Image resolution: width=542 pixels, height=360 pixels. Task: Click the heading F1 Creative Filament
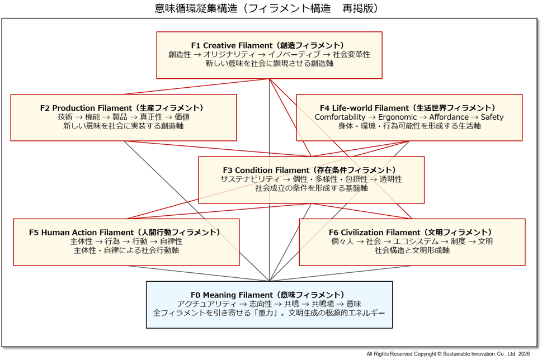[x=269, y=45]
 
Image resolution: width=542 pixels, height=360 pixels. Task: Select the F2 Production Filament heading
[x=123, y=108]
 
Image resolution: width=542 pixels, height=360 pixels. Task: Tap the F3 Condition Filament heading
[x=311, y=170]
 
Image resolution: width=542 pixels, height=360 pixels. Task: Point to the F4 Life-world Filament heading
[x=409, y=108]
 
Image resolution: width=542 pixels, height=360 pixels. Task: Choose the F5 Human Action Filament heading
[x=126, y=233]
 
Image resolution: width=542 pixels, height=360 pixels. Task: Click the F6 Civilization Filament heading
[x=412, y=233]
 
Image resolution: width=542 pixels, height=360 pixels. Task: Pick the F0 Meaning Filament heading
[x=269, y=295]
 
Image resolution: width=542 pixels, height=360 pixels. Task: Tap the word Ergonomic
[x=397, y=117]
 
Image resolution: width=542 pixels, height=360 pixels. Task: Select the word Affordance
[x=449, y=117]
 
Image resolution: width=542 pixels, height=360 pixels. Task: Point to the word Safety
[x=492, y=117]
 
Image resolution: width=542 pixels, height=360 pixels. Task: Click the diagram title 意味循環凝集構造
[x=191, y=8]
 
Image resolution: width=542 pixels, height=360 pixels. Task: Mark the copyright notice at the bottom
[x=448, y=354]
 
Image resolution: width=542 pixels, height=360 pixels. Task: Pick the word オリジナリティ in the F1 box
[x=228, y=55]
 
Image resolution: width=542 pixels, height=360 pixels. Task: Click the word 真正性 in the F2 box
[x=151, y=117]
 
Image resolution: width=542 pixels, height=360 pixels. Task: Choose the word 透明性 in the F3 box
[x=390, y=179]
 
